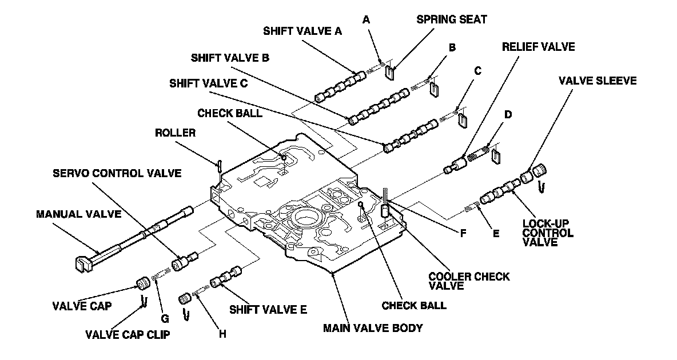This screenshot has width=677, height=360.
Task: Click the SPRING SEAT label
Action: pyautogui.click(x=452, y=19)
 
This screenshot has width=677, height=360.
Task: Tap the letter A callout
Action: pyautogui.click(x=367, y=19)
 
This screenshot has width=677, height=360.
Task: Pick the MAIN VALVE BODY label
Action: pyautogui.click(x=372, y=328)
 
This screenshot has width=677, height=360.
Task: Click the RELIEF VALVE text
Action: pyautogui.click(x=538, y=47)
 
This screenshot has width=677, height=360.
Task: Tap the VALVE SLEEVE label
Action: pyautogui.click(x=598, y=81)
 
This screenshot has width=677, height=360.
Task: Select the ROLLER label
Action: pyautogui.click(x=175, y=133)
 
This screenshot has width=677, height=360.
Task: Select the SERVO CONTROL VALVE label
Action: pyautogui.click(x=117, y=173)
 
